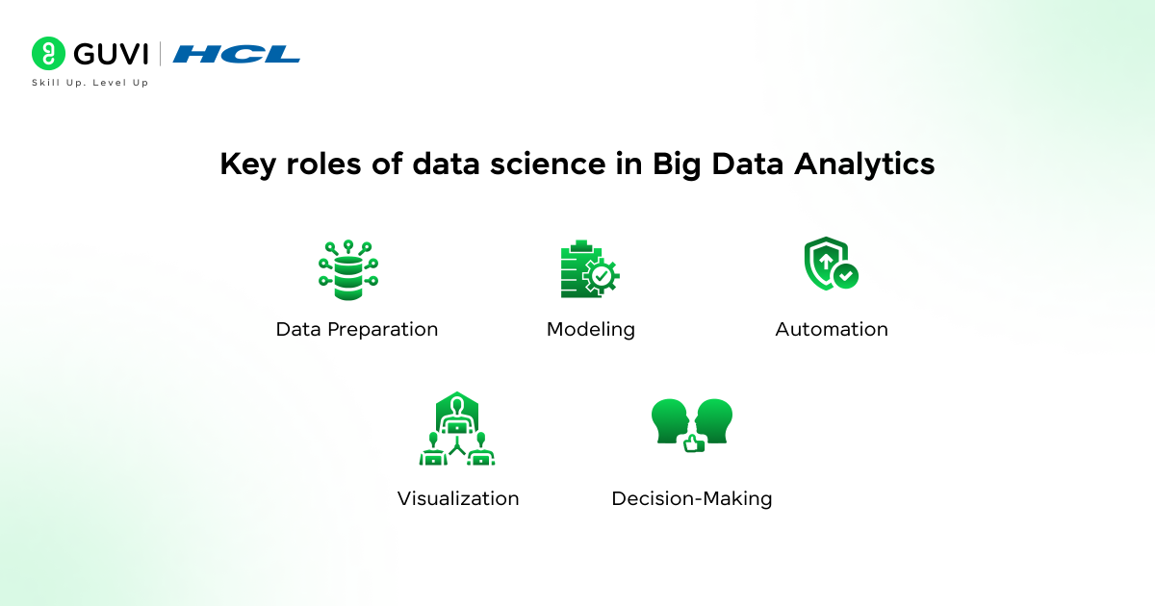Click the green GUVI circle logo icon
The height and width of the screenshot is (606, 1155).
point(47,54)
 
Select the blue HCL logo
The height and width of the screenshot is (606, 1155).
point(237,54)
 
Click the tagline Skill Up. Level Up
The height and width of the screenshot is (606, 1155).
point(90,83)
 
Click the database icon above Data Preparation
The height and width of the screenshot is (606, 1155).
point(347,270)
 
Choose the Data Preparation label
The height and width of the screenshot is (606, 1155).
point(357,330)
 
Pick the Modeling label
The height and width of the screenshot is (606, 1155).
point(591,330)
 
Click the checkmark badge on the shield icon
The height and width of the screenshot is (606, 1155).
point(846,277)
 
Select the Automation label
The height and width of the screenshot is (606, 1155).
point(832,330)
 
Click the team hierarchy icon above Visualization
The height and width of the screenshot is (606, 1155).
point(457,430)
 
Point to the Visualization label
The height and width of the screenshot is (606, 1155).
point(458,499)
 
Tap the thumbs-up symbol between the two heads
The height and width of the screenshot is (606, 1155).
point(693,443)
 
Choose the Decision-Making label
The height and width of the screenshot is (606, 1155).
point(692,499)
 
